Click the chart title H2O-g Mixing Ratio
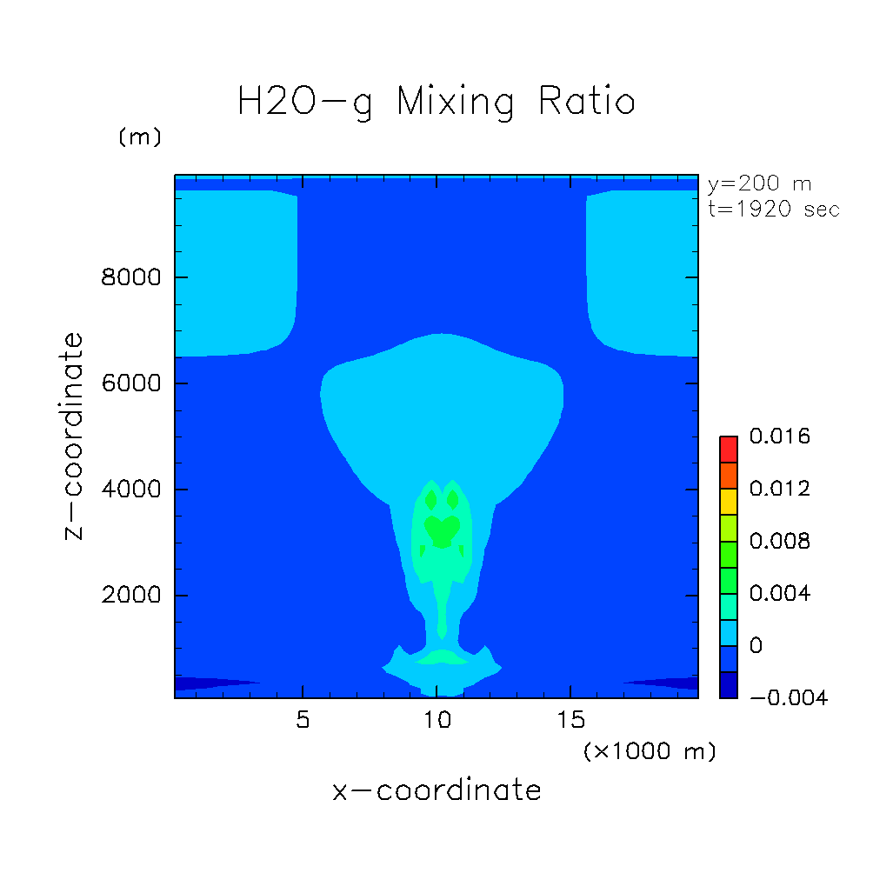436,103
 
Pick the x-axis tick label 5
303,721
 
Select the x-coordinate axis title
436,790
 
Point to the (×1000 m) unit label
649,751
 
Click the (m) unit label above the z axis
139,137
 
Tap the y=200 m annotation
759,184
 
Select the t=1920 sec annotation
773,210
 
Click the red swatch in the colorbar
728,449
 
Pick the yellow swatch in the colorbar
728,502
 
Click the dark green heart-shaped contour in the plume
443,530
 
